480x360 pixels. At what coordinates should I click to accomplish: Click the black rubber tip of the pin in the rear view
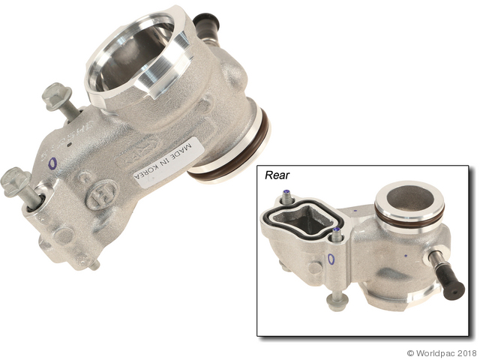454,289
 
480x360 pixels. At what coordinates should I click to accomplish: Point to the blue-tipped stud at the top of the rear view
288,198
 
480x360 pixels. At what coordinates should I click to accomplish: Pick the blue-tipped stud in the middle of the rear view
338,233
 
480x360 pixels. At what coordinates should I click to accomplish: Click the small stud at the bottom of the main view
93,264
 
